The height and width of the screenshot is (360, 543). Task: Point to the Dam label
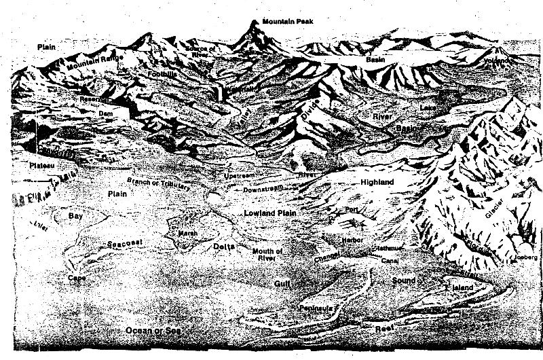click(105, 113)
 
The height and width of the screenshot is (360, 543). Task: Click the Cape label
click(76, 278)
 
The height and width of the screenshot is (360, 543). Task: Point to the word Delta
click(225, 246)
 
